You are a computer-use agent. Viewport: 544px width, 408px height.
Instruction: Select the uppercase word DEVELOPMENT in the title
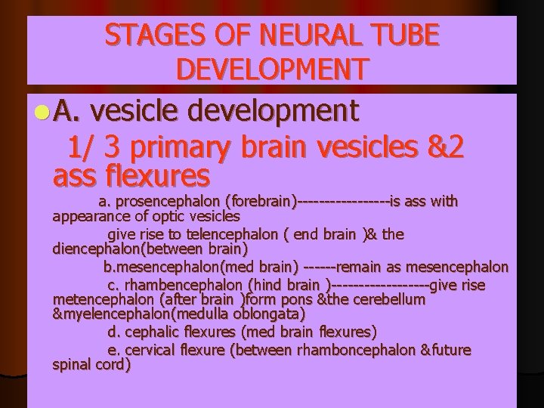(272, 70)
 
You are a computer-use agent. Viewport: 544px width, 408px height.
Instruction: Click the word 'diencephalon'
(94, 247)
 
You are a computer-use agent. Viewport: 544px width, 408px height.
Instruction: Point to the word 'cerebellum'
(388, 298)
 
